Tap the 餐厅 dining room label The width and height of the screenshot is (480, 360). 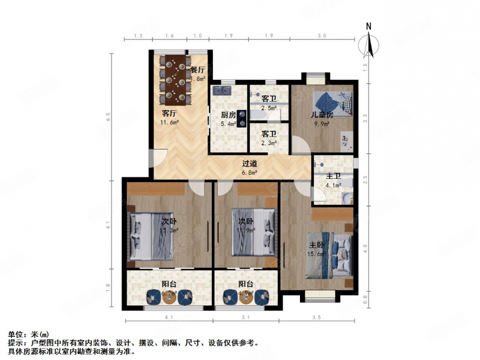(x=198, y=70)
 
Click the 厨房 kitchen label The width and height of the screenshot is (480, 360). (x=228, y=115)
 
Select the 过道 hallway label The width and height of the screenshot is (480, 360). (x=249, y=164)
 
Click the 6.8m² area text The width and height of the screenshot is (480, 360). (x=249, y=173)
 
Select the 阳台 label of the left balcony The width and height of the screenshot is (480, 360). (x=169, y=284)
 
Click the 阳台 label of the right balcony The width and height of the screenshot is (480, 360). (x=246, y=284)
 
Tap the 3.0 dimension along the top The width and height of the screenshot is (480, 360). (x=322, y=36)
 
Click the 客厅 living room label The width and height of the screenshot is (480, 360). (x=170, y=114)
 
